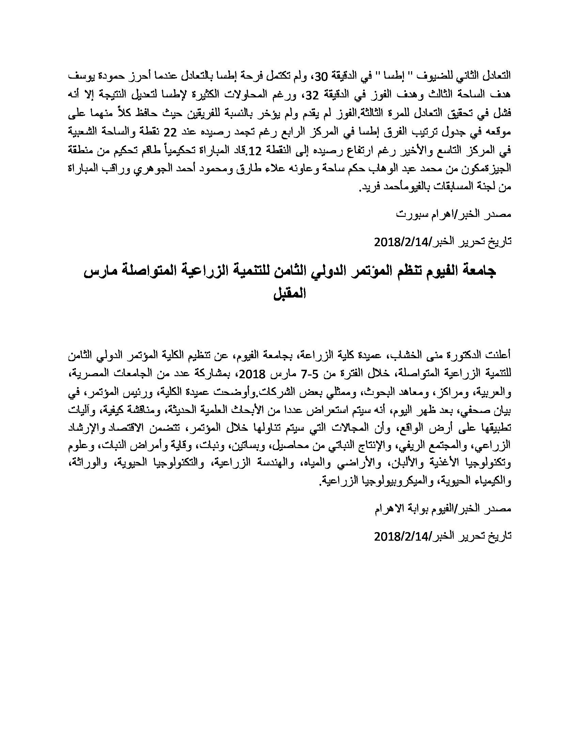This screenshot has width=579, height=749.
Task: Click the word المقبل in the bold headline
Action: tap(289, 294)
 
